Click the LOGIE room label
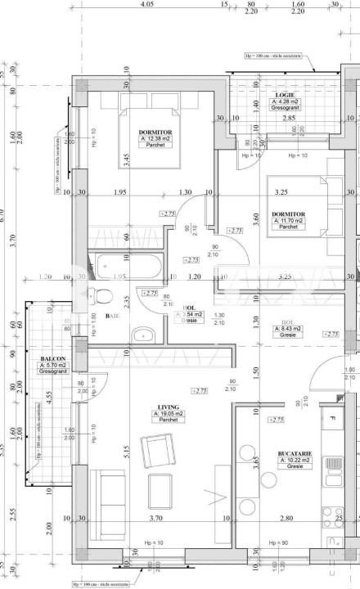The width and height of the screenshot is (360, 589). [286, 95]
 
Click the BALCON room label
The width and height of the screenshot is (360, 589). [52, 359]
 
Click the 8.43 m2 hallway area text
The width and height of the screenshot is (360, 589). [287, 329]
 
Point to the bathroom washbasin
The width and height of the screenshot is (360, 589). [144, 334]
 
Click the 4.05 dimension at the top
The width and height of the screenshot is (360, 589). [146, 4]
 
